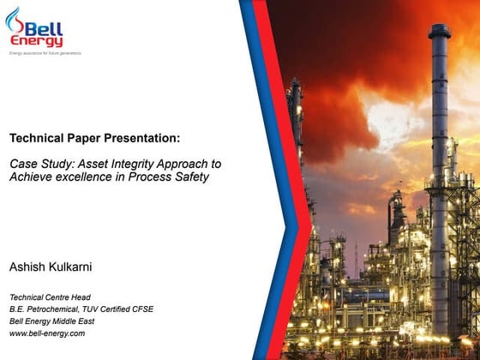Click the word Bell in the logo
(x=45, y=28)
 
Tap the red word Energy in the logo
(x=38, y=41)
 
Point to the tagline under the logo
(x=45, y=54)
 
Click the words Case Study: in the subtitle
(x=39, y=163)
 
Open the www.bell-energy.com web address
(x=47, y=333)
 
